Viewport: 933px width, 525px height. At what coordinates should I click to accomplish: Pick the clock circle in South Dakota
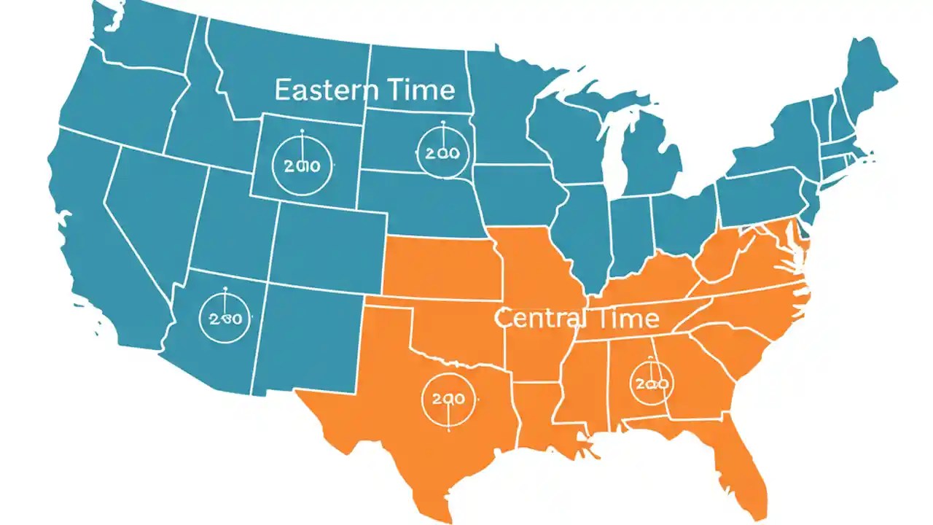[x=442, y=152]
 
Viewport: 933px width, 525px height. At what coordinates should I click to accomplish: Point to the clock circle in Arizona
[x=225, y=319]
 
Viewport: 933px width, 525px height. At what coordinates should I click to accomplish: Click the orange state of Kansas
[x=441, y=266]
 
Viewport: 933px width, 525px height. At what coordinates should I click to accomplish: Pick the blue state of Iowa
[x=518, y=193]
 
